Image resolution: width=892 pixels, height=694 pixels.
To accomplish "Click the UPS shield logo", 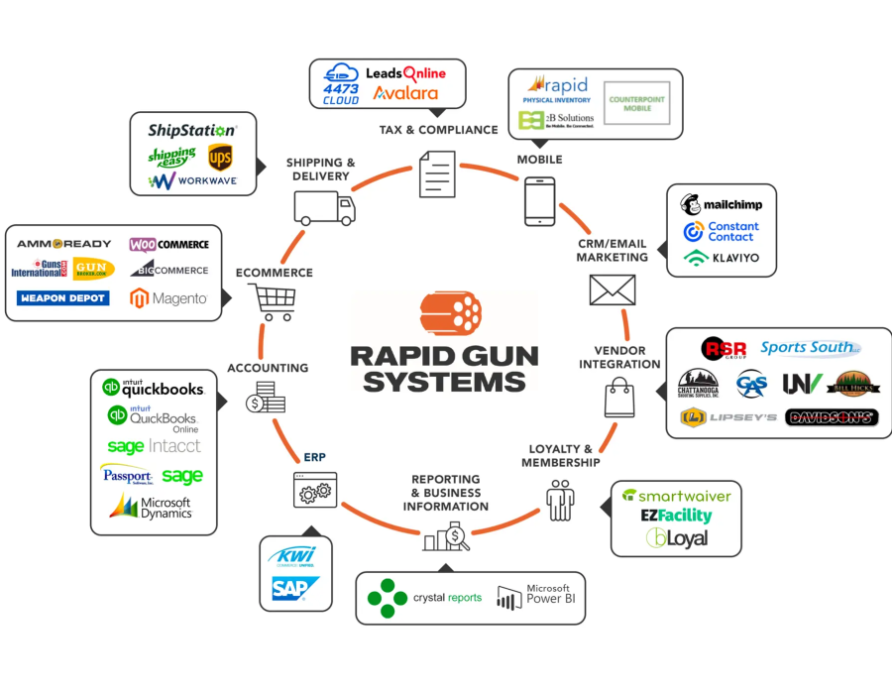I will click(x=220, y=158).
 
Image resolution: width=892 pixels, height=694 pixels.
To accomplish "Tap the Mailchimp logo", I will click(x=722, y=205).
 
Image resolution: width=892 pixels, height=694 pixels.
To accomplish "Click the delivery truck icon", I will click(x=323, y=207).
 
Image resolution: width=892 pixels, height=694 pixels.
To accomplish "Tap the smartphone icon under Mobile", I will click(x=539, y=200).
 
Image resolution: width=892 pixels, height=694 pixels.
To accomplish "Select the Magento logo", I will click(x=168, y=297).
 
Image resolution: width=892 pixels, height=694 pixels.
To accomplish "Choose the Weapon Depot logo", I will click(x=62, y=297).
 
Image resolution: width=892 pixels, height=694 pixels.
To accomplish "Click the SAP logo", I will click(x=295, y=589).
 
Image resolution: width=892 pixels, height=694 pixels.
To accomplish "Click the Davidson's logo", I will click(x=832, y=417).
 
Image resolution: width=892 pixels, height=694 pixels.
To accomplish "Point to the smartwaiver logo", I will click(x=676, y=495).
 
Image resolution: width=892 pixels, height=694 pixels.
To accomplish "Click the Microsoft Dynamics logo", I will click(x=151, y=507).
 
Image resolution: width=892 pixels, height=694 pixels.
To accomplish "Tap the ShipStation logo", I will click(x=192, y=130).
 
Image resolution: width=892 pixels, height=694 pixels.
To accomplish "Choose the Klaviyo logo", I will click(x=722, y=258).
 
